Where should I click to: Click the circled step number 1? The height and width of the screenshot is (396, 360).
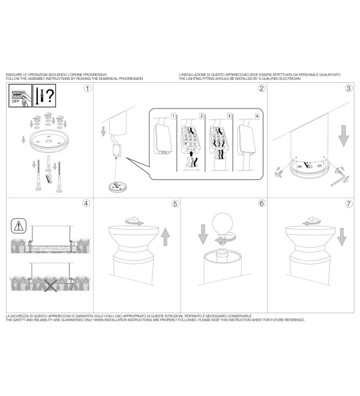(x=88, y=89)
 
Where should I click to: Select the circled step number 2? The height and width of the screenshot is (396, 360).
(x=262, y=88)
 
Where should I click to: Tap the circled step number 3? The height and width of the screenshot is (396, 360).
(x=349, y=88)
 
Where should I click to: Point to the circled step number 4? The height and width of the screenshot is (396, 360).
(x=86, y=203)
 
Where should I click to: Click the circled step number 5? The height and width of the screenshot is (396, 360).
(x=175, y=204)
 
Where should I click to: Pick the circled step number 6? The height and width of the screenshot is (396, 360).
(x=262, y=203)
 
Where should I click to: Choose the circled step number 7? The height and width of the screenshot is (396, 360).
(x=349, y=204)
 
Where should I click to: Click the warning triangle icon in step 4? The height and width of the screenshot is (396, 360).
(x=19, y=226)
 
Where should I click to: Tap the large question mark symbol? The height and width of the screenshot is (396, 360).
(x=50, y=95)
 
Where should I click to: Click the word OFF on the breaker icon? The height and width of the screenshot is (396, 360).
(x=16, y=101)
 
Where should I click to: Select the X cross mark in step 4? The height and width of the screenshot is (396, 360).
(x=51, y=286)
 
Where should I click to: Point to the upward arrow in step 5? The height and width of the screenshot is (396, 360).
(x=165, y=237)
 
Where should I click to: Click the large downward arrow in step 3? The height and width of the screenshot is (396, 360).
(x=344, y=136)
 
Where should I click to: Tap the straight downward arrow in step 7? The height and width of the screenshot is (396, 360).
(x=341, y=237)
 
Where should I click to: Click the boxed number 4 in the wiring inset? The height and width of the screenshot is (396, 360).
(x=257, y=116)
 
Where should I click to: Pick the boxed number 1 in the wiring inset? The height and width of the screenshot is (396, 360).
(x=173, y=116)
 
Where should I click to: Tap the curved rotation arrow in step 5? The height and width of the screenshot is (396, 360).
(x=134, y=221)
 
